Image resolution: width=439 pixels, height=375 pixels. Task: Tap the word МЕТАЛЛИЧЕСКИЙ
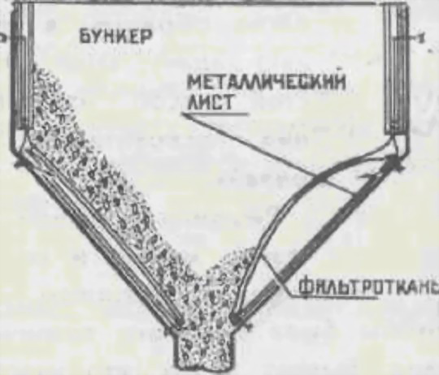click(265, 82)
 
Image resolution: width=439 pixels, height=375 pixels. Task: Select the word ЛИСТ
click(210, 102)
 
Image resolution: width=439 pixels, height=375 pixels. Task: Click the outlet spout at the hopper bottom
click(204, 348)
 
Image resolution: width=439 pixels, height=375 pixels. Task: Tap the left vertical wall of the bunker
click(23, 67)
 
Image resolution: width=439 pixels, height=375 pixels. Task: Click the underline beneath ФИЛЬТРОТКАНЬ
click(333, 297)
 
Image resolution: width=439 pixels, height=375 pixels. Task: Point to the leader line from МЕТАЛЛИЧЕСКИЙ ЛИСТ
click(269, 153)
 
